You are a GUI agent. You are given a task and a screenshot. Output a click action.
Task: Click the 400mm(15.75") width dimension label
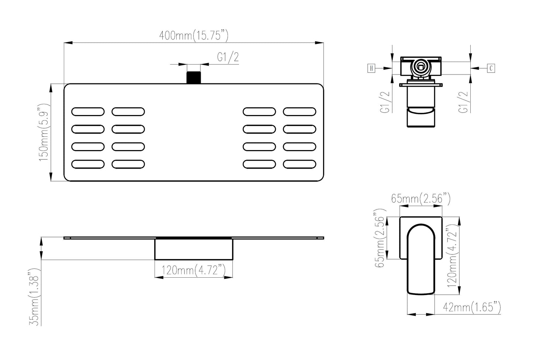point(194,36)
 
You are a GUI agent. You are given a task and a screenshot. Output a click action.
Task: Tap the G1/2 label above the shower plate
point(228,57)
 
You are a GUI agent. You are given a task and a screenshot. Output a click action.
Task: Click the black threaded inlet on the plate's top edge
point(193,77)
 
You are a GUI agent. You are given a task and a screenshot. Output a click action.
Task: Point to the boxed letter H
point(371,69)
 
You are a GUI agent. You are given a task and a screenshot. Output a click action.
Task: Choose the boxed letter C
point(491,69)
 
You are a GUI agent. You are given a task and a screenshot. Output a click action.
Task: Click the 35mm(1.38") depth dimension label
point(35,297)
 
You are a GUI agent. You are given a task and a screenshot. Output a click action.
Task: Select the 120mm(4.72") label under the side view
point(193,270)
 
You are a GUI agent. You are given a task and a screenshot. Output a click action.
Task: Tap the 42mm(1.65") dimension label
point(472,307)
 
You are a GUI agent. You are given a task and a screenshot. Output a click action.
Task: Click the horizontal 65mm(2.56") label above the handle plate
point(421,199)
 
